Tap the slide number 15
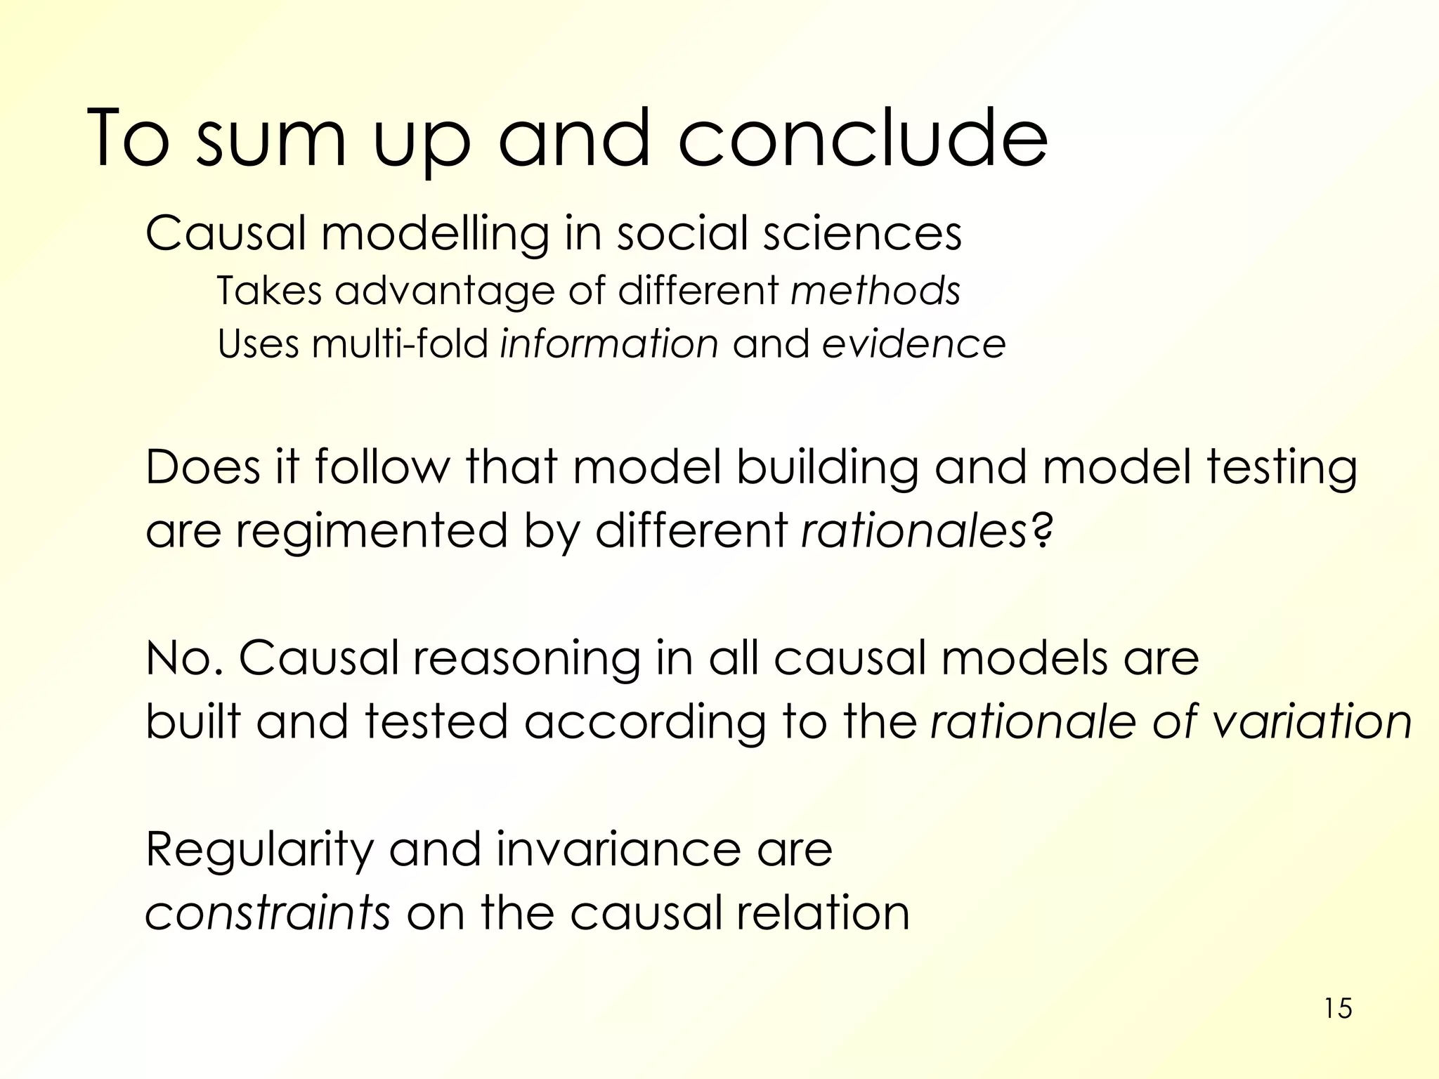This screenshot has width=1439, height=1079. point(1338,1009)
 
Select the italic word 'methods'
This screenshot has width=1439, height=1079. point(875,290)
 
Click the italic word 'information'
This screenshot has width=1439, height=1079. point(609,344)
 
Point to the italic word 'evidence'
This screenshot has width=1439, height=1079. point(913,344)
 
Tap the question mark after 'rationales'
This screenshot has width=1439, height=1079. point(1042,530)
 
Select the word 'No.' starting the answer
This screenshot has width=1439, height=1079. point(184,658)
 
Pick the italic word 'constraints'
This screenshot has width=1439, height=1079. point(267,913)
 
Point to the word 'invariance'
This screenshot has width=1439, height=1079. point(618,849)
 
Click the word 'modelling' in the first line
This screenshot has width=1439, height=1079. point(435,233)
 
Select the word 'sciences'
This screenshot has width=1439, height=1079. point(862,233)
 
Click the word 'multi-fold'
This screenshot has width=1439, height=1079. point(400,344)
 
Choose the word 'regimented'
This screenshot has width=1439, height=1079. point(371,531)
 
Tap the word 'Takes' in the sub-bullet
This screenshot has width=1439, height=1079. point(268,290)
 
